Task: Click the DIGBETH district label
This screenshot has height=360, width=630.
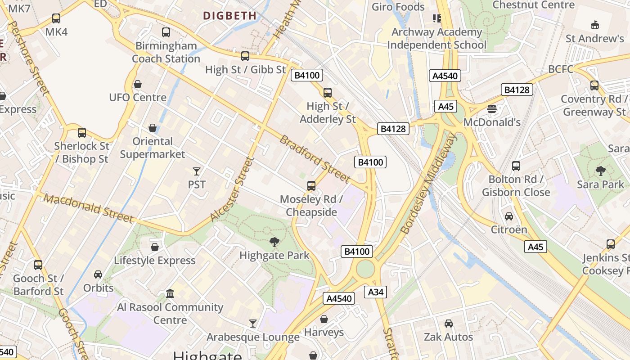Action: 229,16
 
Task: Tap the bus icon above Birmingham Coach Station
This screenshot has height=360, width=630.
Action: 166,32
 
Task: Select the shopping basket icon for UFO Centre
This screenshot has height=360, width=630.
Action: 138,84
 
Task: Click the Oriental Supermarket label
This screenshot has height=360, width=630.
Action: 153,148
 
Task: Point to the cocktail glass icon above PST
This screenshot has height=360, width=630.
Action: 197,171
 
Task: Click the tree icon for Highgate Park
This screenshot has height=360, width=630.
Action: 274,242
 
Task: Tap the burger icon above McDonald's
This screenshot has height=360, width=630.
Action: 491,108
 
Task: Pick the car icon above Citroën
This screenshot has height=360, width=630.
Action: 509,216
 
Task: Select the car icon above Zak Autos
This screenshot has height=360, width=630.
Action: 449,324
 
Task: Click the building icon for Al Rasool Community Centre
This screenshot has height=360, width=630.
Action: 170,294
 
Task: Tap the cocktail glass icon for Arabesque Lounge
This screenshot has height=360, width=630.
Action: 253,323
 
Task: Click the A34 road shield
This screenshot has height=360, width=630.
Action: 376,292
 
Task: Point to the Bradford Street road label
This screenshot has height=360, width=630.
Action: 315,159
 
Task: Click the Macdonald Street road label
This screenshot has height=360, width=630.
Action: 89,208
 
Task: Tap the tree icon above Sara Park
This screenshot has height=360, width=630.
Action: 600,171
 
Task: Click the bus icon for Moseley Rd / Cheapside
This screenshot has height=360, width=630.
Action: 311,185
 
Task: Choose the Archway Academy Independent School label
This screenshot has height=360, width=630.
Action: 436,39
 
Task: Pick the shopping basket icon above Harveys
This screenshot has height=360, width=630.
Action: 324,319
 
